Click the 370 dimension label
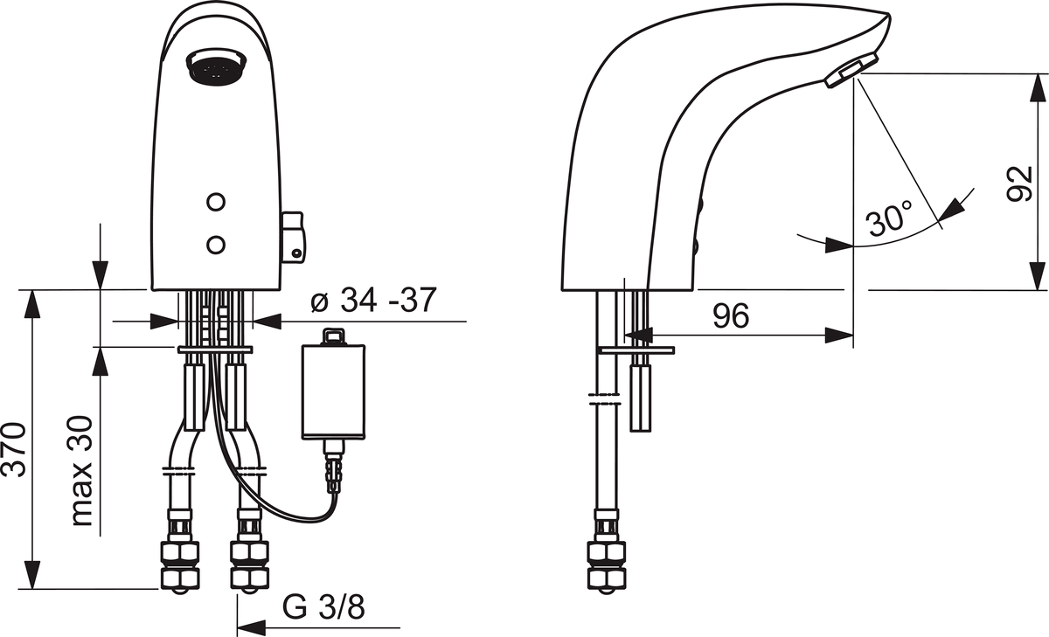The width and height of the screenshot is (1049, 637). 14,450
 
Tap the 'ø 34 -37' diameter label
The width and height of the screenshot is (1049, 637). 374,300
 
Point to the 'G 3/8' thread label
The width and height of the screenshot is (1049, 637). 323,607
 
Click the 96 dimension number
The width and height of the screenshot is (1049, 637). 731,316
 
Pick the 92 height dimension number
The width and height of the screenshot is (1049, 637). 1020,183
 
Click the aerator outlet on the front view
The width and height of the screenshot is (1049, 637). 216,67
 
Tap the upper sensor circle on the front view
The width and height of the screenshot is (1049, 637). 216,202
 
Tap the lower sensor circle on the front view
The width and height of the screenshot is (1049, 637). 216,245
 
